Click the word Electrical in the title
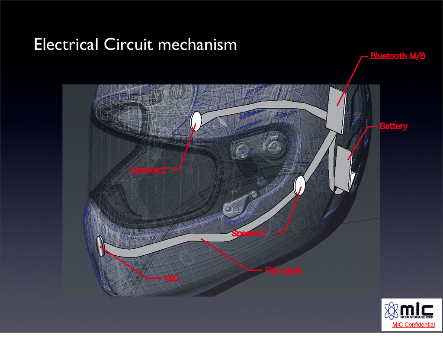(66, 45)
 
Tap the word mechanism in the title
(197, 45)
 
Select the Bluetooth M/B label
(398, 56)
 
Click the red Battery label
(394, 126)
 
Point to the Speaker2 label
(148, 170)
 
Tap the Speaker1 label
(249, 233)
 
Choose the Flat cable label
(283, 270)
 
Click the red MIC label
(171, 278)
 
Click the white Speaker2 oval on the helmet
(196, 121)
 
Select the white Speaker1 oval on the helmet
(299, 186)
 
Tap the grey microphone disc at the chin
(100, 246)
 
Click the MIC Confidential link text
(414, 325)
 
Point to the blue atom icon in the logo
(391, 311)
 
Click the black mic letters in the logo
(417, 310)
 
